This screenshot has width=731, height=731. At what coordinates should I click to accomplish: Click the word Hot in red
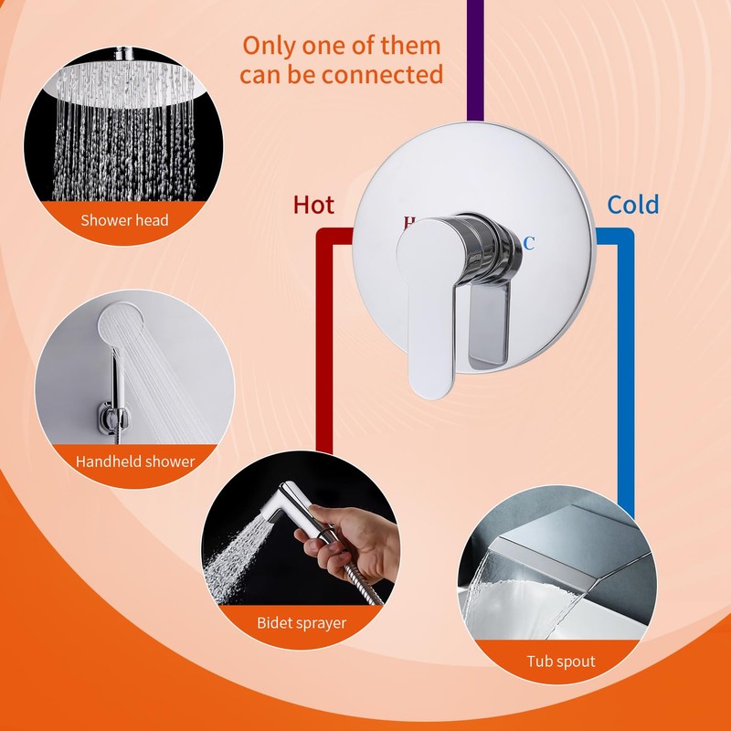[313, 205]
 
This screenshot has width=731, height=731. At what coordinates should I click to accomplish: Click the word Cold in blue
[633, 205]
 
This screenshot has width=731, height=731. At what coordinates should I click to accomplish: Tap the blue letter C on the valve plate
[528, 243]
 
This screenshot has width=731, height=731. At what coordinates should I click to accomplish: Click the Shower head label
[124, 220]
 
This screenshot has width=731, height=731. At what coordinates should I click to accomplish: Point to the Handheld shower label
[135, 461]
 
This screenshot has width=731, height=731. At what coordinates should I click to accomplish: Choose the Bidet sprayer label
[301, 623]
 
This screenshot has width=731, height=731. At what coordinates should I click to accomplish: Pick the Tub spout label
[560, 661]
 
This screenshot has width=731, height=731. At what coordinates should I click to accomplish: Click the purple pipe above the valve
[475, 55]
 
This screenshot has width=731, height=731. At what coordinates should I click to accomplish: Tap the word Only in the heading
[272, 45]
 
